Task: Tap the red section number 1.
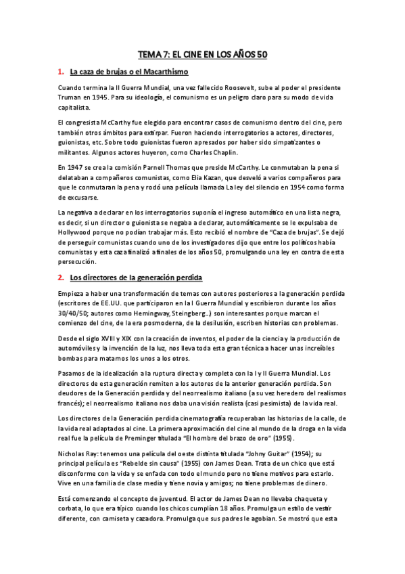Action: click(x=60, y=72)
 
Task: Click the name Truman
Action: click(x=72, y=98)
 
